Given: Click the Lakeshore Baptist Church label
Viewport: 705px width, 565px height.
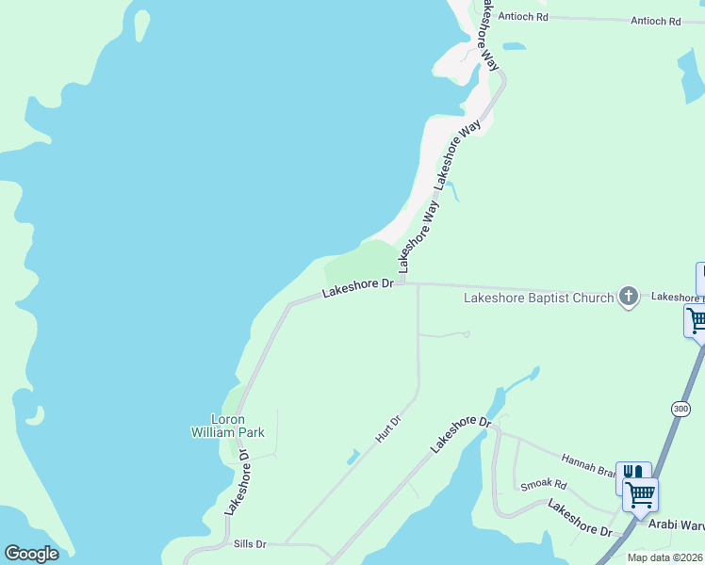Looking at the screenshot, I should pyautogui.click(x=538, y=299).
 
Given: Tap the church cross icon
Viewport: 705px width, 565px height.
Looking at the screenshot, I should pyautogui.click(x=629, y=298).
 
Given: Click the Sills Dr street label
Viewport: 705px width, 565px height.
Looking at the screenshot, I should pyautogui.click(x=250, y=544).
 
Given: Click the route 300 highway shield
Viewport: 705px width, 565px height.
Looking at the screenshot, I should pyautogui.click(x=680, y=409).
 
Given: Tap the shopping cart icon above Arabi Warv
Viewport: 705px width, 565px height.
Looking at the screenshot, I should pyautogui.click(x=640, y=493).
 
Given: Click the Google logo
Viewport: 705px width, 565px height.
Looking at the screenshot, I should pyautogui.click(x=31, y=554).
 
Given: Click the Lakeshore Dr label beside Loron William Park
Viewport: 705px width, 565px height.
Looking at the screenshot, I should pyautogui.click(x=236, y=481).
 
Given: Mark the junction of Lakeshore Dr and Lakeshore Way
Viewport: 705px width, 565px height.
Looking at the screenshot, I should pyautogui.click(x=402, y=281).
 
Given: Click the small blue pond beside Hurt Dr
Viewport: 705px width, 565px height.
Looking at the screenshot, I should pyautogui.click(x=352, y=457).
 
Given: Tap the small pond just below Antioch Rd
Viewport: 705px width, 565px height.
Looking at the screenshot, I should pyautogui.click(x=514, y=45).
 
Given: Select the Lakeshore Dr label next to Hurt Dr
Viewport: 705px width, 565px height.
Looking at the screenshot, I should pyautogui.click(x=462, y=434).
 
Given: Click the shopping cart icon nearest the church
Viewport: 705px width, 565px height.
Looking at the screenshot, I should pyautogui.click(x=696, y=320).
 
